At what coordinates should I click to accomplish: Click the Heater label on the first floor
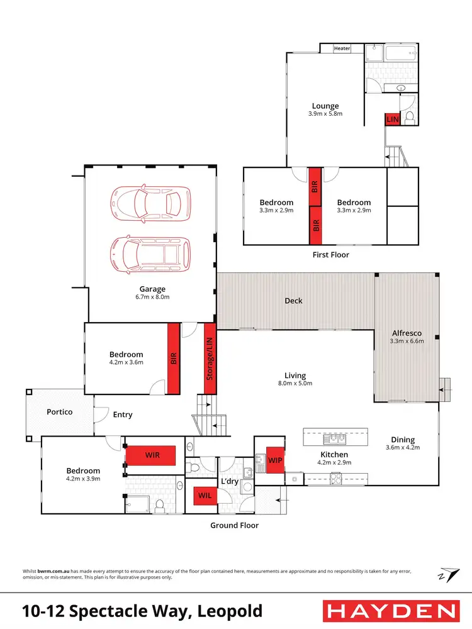342,48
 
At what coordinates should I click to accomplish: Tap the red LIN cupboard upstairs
393,119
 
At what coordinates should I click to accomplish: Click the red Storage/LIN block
208,359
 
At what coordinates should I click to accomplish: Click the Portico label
60,412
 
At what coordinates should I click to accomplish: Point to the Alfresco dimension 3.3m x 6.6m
407,342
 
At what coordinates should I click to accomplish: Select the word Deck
293,301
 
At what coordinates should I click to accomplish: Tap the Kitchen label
334,454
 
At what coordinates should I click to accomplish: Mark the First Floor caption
330,255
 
